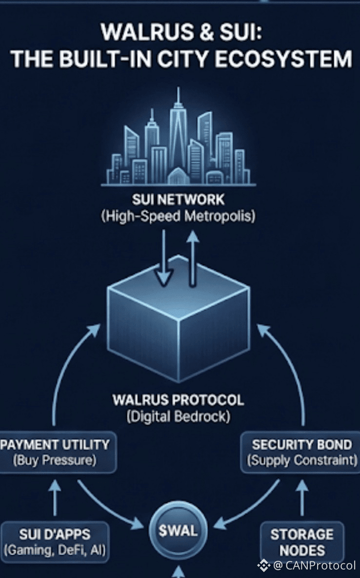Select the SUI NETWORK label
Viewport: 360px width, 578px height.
click(178, 199)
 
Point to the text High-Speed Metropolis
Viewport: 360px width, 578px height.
click(178, 216)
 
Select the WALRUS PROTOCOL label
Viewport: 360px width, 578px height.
click(178, 400)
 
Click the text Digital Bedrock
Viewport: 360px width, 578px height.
click(178, 418)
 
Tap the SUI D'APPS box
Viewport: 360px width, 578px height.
click(55, 541)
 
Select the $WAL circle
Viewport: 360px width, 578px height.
click(178, 531)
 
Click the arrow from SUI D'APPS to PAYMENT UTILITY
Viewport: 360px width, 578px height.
click(55, 498)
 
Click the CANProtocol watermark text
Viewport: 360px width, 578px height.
click(320, 565)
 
